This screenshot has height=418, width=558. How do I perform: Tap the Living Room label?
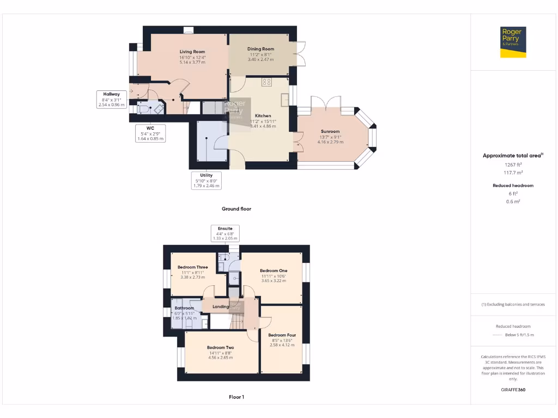tap(192, 52)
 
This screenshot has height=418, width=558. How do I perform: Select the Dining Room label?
tap(261, 49)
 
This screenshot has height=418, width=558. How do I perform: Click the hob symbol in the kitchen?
tap(267, 82)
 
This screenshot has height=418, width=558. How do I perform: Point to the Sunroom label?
tap(330, 131)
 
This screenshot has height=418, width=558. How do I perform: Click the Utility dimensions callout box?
tap(206, 180)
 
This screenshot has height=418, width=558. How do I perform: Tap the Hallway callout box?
tap(112, 99)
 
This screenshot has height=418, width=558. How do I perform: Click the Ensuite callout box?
tap(225, 233)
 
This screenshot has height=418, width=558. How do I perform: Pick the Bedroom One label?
tap(274, 271)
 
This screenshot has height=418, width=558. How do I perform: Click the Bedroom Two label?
tap(220, 347)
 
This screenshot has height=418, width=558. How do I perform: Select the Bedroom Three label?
tap(192, 267)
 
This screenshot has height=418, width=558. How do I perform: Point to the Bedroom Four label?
tap(282, 335)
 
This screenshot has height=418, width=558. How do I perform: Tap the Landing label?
tap(221, 307)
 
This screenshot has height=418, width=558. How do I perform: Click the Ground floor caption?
tap(236, 208)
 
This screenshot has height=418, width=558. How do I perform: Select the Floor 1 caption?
tap(236, 397)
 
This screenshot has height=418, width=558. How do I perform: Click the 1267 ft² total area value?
tap(513, 164)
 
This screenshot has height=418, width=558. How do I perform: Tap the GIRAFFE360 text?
tap(513, 390)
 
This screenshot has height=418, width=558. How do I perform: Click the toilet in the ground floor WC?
tap(142, 109)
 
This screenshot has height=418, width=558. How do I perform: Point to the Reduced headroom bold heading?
tap(513, 186)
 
